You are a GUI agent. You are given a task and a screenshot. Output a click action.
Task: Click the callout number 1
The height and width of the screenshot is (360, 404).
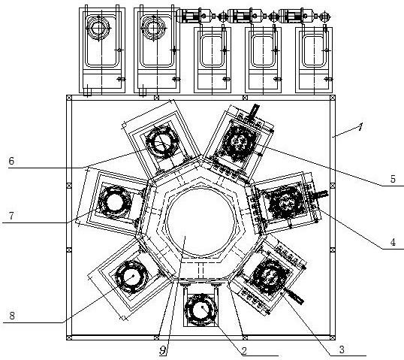[360, 126]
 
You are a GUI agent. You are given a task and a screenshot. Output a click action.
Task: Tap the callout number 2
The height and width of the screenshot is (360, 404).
[244, 351]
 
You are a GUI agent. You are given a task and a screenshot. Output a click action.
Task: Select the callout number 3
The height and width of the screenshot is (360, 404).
[342, 349]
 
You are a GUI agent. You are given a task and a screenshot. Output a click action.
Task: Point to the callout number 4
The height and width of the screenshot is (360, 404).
[393, 242]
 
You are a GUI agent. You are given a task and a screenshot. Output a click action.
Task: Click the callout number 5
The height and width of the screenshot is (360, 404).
[393, 179]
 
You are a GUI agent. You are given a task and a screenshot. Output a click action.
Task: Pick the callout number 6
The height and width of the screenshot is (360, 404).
[11, 161]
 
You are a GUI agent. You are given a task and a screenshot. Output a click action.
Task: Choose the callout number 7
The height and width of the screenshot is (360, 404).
[11, 216]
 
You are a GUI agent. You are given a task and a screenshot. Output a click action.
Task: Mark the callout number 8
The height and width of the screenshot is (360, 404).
[12, 316]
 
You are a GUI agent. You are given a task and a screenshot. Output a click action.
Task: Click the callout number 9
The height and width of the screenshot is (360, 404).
[163, 350]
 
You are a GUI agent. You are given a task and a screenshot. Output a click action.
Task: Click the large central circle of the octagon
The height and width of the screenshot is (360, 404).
[200, 221]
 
